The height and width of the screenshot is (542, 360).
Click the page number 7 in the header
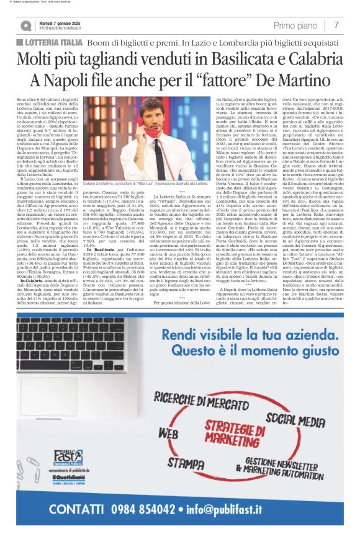coord(336,25)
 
